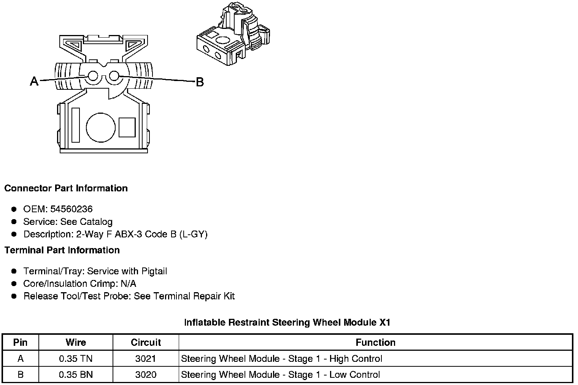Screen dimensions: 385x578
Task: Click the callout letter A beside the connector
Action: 34,81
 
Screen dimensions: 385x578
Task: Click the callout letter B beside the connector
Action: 200,82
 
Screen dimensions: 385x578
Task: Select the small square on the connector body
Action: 127,127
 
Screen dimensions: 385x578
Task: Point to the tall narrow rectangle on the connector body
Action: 75,125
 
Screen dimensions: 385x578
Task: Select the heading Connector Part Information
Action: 66,188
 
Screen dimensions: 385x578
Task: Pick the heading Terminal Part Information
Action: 62,250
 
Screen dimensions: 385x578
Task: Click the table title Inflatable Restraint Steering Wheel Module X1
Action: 287,323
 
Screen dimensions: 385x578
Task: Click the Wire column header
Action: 76,342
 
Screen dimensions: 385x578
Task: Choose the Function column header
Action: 375,342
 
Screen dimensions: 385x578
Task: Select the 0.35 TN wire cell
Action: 76,358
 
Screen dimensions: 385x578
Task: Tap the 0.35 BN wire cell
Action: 76,375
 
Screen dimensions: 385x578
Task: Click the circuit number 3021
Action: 146,358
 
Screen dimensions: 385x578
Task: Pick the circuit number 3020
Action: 146,375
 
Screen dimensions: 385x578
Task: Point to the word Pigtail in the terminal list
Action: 154,271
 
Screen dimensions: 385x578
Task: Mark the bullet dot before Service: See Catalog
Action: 14,221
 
